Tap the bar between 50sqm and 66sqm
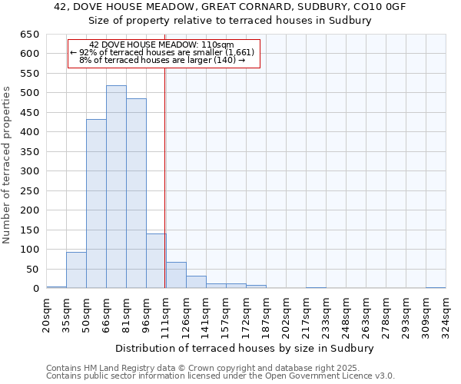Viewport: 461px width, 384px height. [96, 204]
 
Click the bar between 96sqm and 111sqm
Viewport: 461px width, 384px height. [156, 261]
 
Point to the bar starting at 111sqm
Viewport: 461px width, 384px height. [176, 275]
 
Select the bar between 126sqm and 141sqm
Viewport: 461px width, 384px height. [196, 282]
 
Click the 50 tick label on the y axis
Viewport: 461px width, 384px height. [32, 270]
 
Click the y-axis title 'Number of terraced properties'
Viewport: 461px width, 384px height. [7, 165]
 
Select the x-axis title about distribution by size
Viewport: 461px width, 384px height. [245, 348]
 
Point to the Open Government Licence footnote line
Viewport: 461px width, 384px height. [221, 376]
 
